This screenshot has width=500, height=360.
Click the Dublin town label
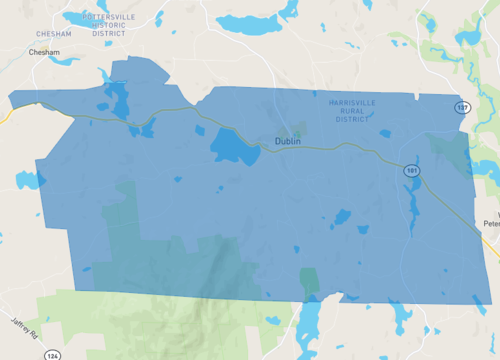[288, 141]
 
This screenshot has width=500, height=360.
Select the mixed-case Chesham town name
[45, 51]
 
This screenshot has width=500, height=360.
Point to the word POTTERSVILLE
[115, 17]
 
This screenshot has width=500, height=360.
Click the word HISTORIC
[115, 25]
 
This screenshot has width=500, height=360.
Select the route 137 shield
[461, 107]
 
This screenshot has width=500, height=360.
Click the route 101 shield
[412, 171]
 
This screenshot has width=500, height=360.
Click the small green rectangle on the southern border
[310, 280]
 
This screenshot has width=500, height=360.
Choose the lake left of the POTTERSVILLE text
[74, 17]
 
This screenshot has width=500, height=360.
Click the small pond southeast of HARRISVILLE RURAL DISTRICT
[385, 133]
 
